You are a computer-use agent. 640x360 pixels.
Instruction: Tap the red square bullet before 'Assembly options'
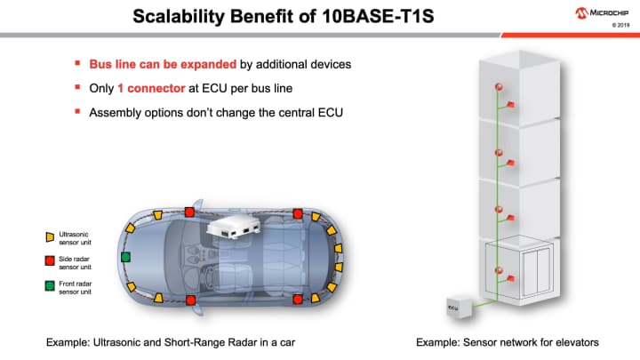tap(77, 113)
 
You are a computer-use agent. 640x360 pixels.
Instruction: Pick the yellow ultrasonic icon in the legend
tap(50, 237)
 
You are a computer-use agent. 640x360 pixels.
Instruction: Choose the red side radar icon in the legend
tap(50, 261)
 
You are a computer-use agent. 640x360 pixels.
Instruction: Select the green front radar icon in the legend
tap(50, 285)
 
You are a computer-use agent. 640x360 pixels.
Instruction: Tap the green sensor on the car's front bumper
tap(125, 257)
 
